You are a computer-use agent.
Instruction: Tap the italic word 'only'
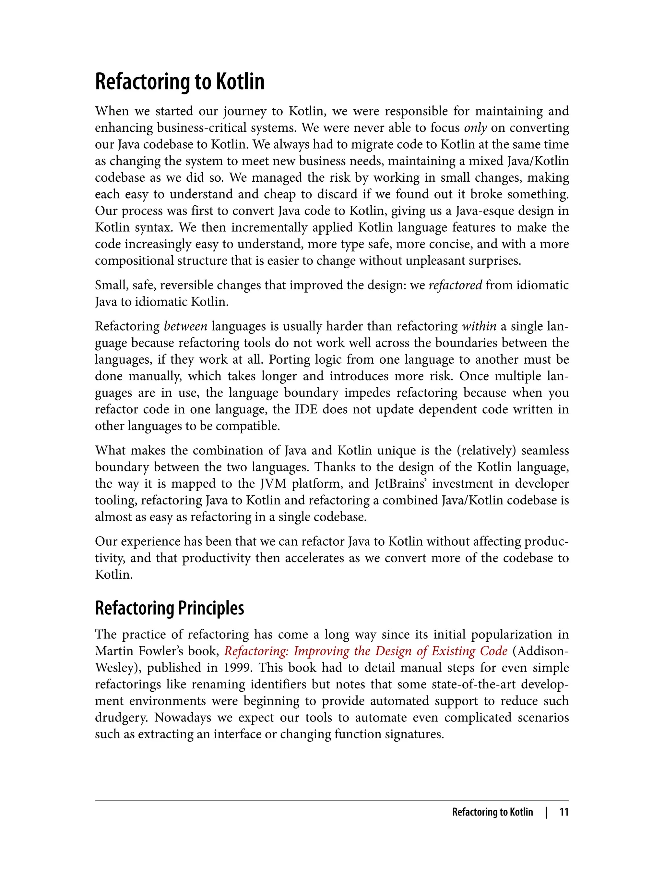475,128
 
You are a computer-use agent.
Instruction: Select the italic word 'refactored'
455,285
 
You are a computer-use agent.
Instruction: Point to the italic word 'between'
185,326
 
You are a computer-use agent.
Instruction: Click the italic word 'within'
479,326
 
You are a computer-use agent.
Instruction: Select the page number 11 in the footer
563,812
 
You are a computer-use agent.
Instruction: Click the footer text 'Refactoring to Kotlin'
492,812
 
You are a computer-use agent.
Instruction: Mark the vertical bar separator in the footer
546,812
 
